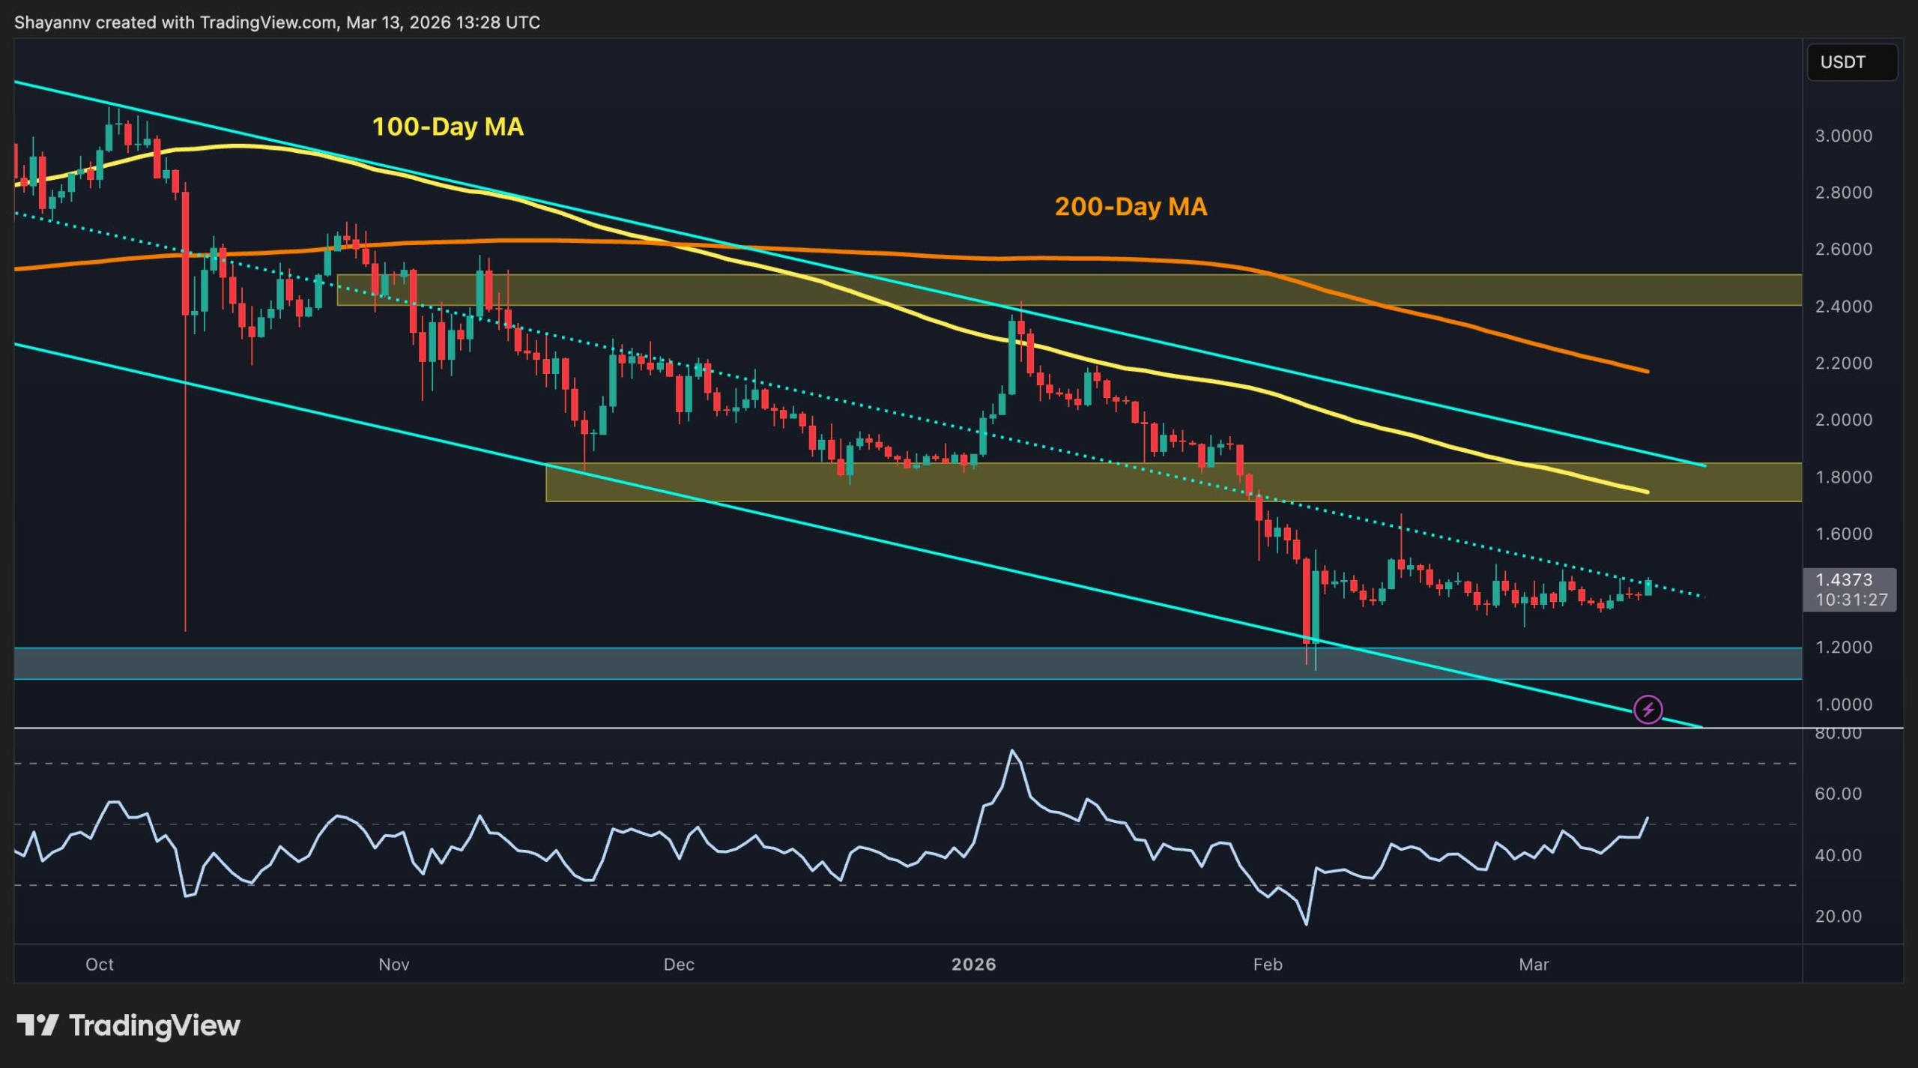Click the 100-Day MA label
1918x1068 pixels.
[447, 127]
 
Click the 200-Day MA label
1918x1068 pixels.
[1131, 207]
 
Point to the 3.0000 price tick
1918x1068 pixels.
[1843, 136]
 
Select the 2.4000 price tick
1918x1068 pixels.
[1843, 306]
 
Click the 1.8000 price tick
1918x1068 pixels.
[1843, 477]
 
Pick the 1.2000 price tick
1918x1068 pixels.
[1843, 647]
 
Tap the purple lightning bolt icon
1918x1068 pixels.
[1648, 709]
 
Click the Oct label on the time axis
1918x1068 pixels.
[100, 964]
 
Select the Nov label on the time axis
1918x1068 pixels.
[394, 964]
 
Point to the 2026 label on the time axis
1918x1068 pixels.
[973, 964]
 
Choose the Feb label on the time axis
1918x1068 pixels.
[1268, 964]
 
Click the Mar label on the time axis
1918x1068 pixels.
[1534, 964]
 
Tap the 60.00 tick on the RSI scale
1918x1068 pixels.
[1838, 794]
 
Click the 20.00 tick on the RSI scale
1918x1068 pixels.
[1838, 916]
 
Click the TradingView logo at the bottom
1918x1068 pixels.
[128, 1025]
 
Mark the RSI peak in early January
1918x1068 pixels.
[1012, 750]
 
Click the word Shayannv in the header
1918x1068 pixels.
[52, 22]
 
